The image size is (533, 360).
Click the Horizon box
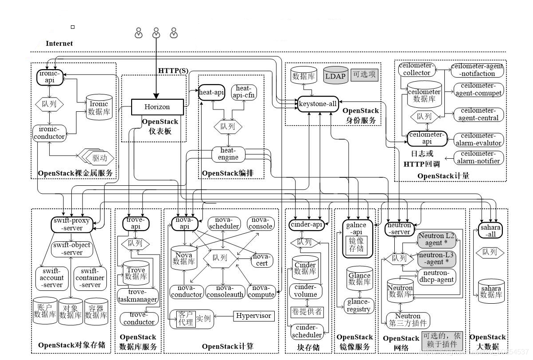click(x=157, y=107)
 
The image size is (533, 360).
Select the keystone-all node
click(x=318, y=104)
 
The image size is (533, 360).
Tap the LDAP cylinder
click(x=335, y=76)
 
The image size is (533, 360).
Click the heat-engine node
click(x=228, y=153)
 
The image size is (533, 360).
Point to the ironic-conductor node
click(x=49, y=133)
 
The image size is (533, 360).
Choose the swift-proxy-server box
click(x=73, y=224)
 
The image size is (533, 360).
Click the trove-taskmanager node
click(x=138, y=296)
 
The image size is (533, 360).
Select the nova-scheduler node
click(x=224, y=223)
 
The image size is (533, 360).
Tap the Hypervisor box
click(x=254, y=316)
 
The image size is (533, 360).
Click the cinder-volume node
click(x=306, y=290)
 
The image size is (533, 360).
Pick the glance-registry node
click(x=359, y=305)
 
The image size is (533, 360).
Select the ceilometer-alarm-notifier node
click(x=478, y=158)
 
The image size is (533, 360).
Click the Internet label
click(x=59, y=43)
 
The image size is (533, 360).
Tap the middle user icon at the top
click(x=156, y=33)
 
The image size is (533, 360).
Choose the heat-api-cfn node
click(x=244, y=92)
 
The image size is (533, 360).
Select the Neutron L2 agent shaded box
click(x=436, y=239)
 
